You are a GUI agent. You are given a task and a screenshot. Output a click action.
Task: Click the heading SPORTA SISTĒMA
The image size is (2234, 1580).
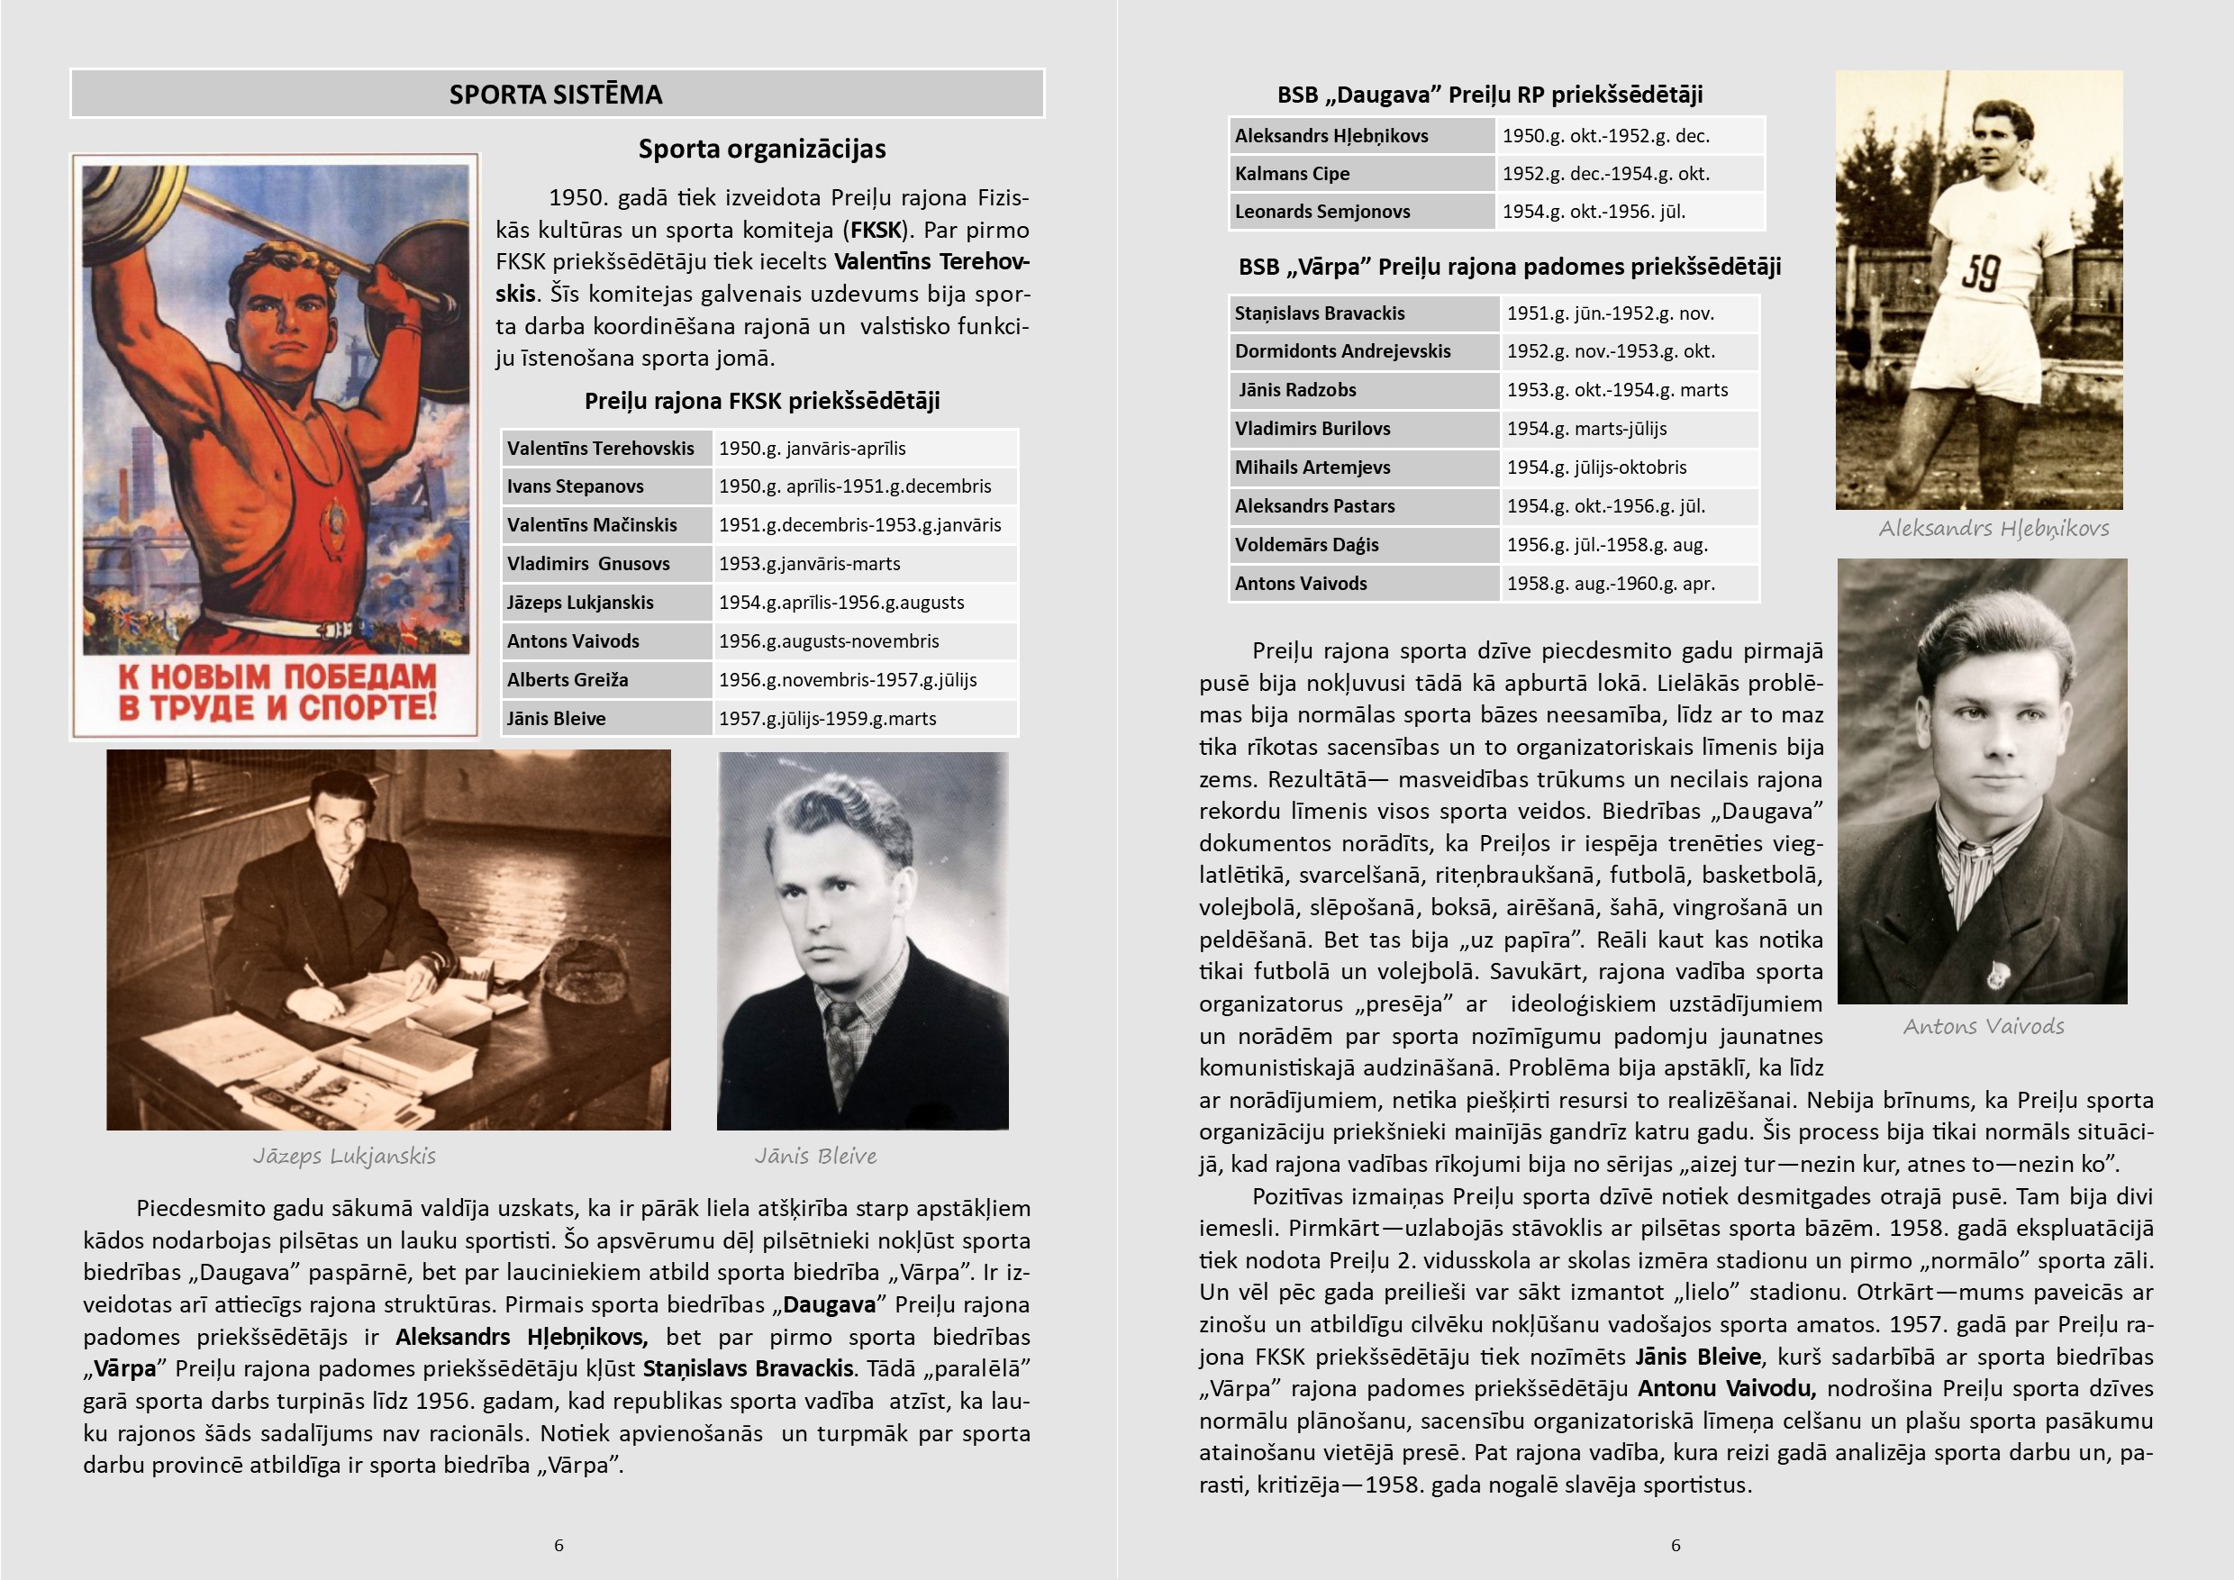click(556, 95)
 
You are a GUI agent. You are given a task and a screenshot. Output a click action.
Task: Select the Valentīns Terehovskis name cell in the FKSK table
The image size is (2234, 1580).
click(600, 449)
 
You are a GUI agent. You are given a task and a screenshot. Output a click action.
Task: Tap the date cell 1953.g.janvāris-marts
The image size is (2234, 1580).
click(810, 564)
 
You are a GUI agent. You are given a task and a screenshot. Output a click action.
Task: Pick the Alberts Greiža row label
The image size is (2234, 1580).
click(568, 680)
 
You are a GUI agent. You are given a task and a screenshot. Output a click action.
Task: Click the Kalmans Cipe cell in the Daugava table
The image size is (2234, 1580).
click(1292, 174)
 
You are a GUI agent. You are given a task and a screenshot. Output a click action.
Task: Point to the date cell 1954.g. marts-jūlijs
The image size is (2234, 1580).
click(1587, 429)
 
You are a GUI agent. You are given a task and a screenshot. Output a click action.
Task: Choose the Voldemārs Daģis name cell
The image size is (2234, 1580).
click(1307, 545)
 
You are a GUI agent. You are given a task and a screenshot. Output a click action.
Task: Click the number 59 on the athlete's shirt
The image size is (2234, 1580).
click(1979, 272)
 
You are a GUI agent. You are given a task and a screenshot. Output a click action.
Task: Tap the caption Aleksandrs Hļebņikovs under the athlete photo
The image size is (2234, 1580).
click(1993, 528)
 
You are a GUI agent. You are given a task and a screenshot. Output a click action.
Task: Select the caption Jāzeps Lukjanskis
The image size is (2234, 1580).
click(344, 1156)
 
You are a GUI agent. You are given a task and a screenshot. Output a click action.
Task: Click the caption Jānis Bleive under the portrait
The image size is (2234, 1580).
click(815, 1156)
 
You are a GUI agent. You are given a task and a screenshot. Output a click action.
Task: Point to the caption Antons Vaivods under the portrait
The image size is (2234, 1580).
click(1983, 1026)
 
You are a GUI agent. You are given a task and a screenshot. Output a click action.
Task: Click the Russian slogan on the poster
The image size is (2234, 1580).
click(277, 692)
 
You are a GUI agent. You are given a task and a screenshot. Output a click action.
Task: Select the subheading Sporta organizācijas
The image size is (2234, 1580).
click(762, 149)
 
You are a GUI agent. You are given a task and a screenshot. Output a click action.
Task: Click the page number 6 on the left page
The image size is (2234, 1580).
click(558, 1545)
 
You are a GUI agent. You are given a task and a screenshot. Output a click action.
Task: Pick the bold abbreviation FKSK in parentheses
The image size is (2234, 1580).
click(876, 231)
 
